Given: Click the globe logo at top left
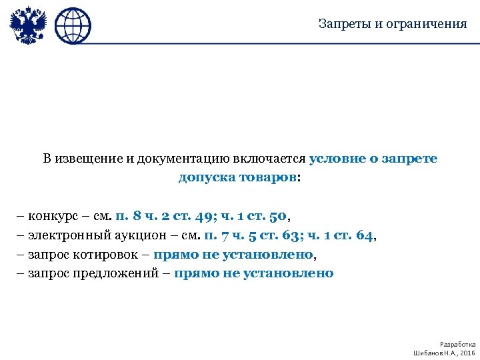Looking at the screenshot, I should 72,26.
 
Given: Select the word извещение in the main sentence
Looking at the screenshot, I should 90,159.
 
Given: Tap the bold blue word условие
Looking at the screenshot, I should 334,159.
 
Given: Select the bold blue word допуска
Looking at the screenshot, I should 204,178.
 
